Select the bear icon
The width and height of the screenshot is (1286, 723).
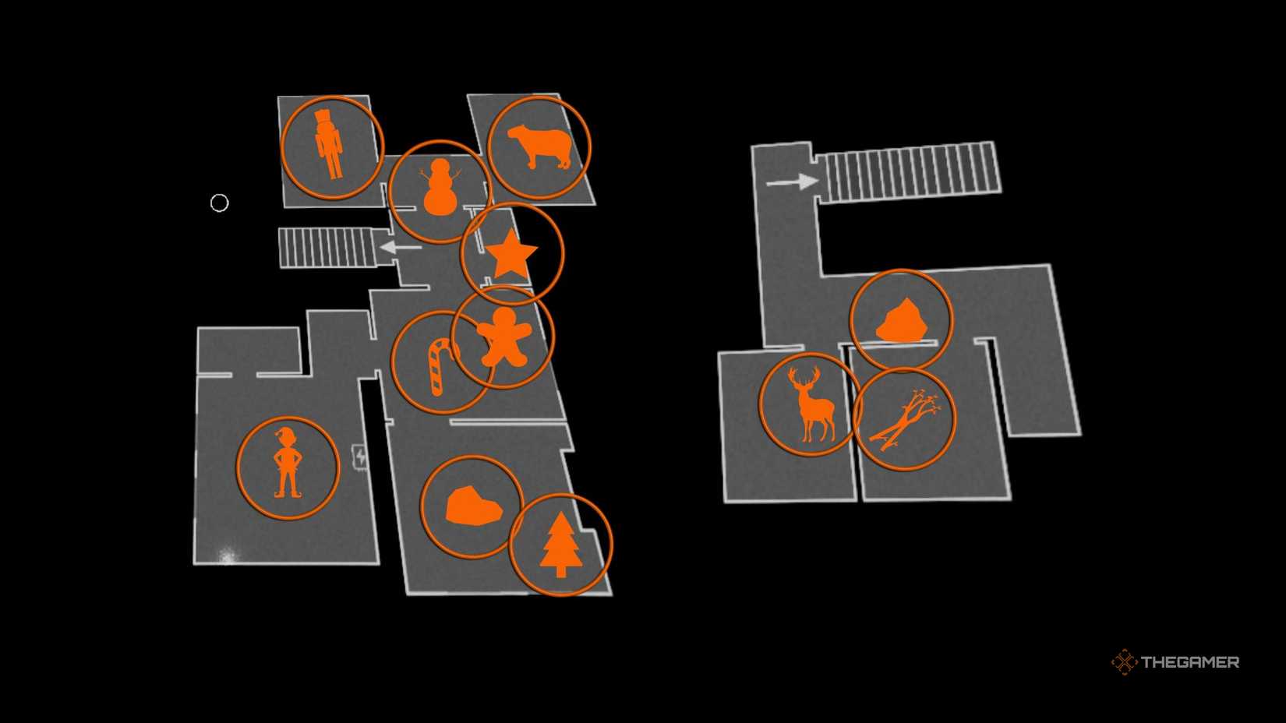(x=539, y=146)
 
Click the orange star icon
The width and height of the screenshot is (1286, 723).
(x=511, y=254)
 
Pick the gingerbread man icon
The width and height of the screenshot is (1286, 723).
(x=504, y=337)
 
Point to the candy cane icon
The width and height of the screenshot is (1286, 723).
(x=440, y=365)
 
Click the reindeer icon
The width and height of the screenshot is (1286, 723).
(x=811, y=404)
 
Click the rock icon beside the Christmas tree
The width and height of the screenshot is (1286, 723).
(x=473, y=506)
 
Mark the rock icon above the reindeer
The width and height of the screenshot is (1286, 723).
(x=902, y=321)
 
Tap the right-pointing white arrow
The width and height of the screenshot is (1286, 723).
(x=793, y=182)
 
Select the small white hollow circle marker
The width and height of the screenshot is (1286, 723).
(x=220, y=203)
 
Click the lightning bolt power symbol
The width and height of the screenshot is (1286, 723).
(x=361, y=456)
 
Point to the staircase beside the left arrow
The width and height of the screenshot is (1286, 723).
(x=327, y=248)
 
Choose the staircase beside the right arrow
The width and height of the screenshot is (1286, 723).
(x=909, y=171)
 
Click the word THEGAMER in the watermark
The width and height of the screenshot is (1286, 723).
(x=1190, y=662)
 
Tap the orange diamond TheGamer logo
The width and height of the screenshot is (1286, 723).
(x=1124, y=662)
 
